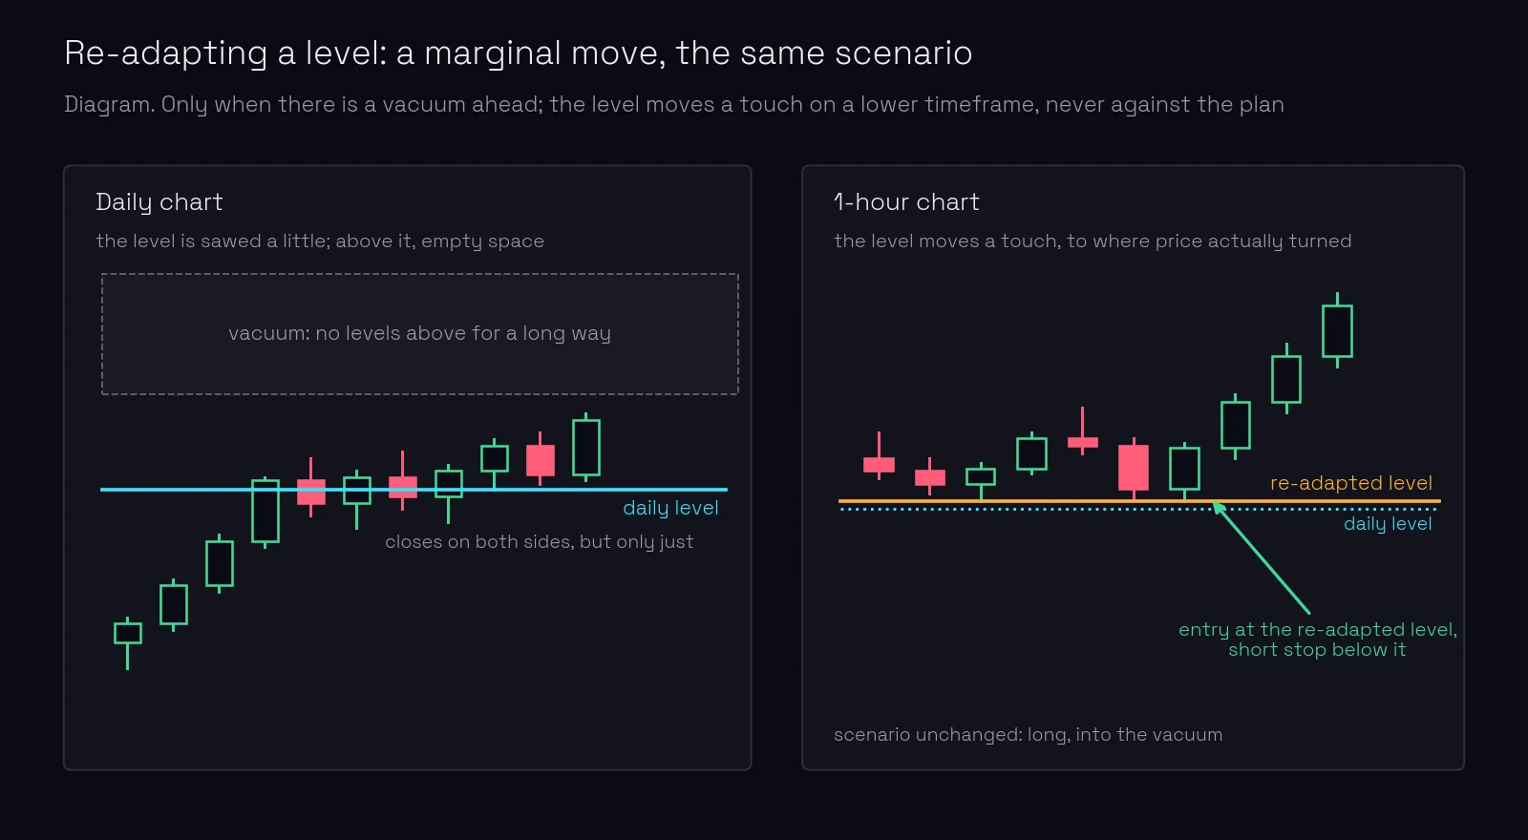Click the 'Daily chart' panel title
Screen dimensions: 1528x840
coord(159,202)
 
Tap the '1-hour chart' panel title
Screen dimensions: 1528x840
coord(906,202)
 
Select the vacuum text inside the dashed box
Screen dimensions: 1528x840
coord(419,333)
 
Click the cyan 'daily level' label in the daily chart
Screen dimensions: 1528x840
coord(670,508)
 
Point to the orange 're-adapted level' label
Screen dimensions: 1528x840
coord(1350,483)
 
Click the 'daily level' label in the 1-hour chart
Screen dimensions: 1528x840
coord(1388,524)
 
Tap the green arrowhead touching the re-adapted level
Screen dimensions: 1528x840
coord(1218,508)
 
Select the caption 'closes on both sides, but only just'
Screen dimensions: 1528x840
coord(539,542)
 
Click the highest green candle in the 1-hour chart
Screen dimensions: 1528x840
coord(1337,331)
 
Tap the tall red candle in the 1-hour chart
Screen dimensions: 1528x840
coord(1133,468)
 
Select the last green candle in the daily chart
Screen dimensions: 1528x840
coord(586,448)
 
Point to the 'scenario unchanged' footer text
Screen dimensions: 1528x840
coord(1028,735)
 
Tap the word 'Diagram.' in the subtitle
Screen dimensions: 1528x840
coord(110,104)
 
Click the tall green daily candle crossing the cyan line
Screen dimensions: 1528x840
coord(265,512)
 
